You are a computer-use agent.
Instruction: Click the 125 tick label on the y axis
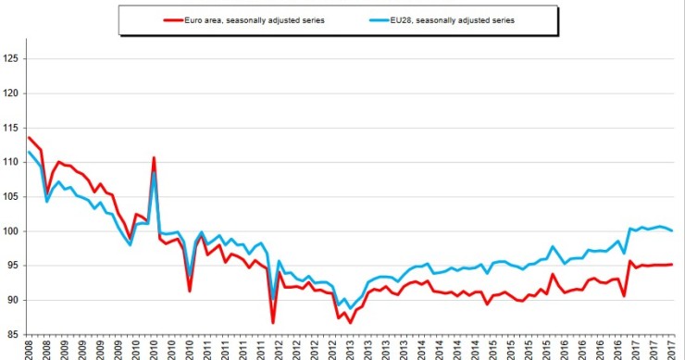(11, 59)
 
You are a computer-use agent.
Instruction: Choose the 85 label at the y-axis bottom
(13, 334)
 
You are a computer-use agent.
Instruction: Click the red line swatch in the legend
(173, 19)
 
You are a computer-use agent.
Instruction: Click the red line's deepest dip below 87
(273, 322)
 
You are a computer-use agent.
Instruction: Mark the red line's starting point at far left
(29, 137)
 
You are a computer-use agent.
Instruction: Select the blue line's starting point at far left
(29, 152)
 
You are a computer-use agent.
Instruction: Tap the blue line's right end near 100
(672, 230)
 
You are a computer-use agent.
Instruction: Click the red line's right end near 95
(672, 264)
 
